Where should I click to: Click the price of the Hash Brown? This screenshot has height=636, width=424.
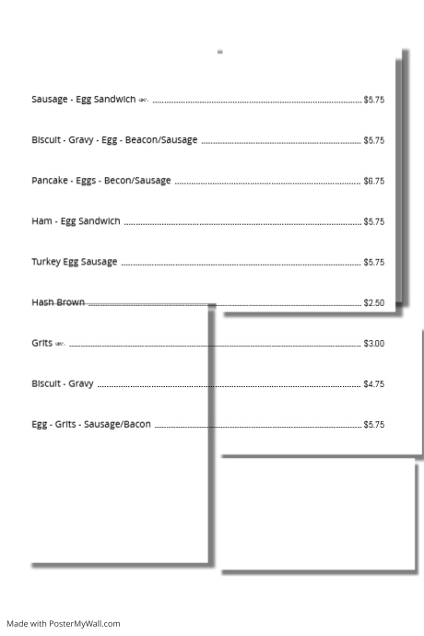pos(373,303)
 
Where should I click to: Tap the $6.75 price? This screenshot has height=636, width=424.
pos(373,182)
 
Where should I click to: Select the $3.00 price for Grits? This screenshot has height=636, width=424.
pos(373,344)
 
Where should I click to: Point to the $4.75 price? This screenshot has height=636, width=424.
pos(373,384)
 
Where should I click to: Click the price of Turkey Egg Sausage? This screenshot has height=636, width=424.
pos(373,263)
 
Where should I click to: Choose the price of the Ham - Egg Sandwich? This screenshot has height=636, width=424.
pos(373,222)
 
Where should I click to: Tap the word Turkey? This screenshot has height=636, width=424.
pos(46,262)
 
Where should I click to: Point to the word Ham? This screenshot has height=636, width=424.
pos(41,221)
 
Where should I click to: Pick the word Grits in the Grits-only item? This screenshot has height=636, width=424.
pos(41,343)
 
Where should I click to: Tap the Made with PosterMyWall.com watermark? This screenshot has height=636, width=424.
pos(63,624)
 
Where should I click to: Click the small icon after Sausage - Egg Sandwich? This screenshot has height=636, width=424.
pos(143,100)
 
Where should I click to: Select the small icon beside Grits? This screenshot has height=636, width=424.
pos(60,344)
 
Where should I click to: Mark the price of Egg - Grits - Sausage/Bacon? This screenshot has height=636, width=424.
pos(373,425)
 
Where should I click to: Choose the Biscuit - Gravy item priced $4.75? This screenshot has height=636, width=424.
pos(61,383)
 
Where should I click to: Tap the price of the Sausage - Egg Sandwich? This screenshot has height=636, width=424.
pos(373,100)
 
